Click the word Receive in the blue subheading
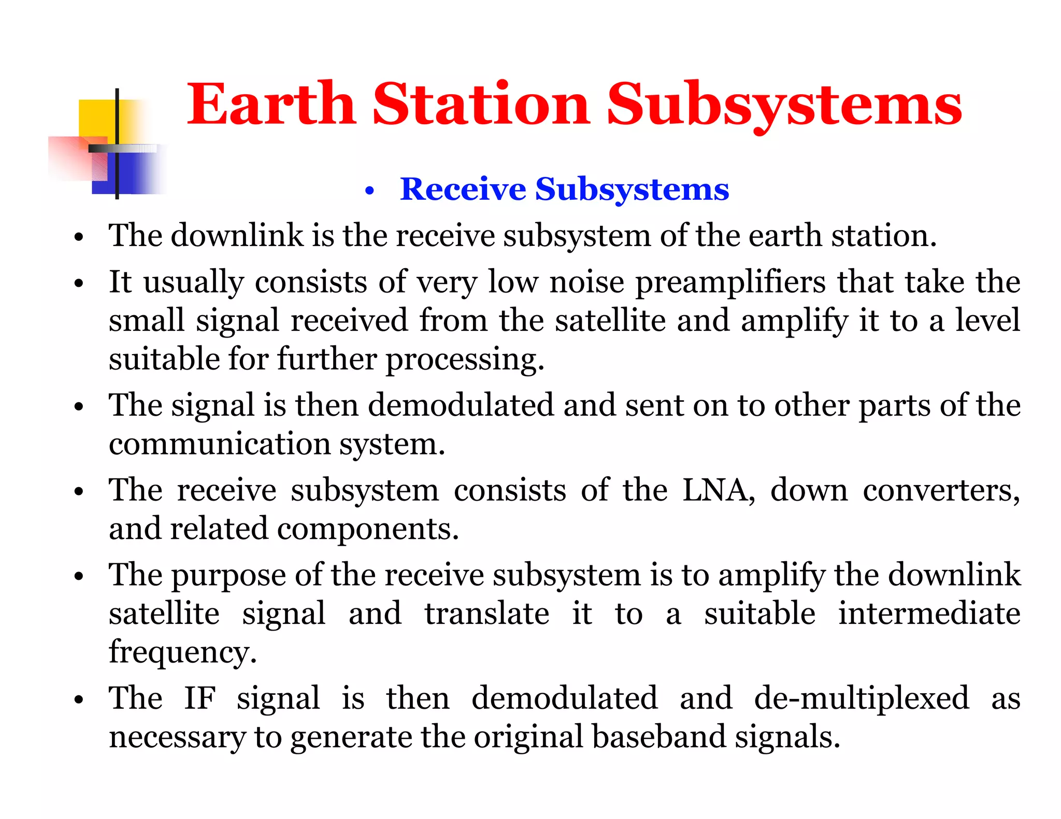point(463,189)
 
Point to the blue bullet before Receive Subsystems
point(369,192)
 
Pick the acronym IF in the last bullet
point(199,698)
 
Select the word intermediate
point(929,613)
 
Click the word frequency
point(182,652)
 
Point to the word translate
point(487,613)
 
